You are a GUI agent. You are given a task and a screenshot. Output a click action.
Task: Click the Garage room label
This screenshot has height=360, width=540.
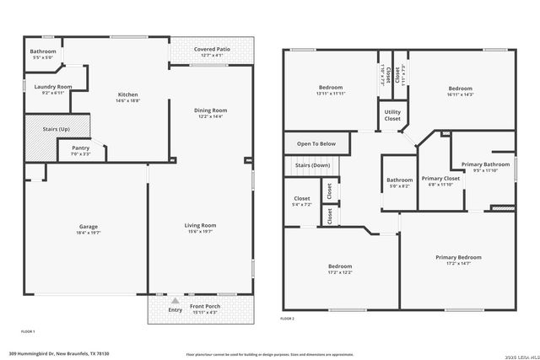pyautogui.click(x=89, y=226)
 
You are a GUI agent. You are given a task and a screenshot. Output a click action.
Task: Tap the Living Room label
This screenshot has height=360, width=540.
pyautogui.click(x=201, y=225)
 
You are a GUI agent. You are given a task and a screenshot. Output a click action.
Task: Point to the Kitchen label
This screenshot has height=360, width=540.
pyautogui.click(x=127, y=94)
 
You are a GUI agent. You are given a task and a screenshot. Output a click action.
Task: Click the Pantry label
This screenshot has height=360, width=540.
pyautogui.click(x=80, y=148)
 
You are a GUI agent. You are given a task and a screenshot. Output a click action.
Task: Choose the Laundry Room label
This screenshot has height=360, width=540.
pyautogui.click(x=52, y=86)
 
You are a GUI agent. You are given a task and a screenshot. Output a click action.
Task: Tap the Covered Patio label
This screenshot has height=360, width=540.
pyautogui.click(x=212, y=50)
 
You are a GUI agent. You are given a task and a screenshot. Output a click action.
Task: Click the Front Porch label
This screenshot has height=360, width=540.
pyautogui.click(x=205, y=306)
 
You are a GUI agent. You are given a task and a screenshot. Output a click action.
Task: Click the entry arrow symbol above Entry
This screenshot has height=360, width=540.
pyautogui.click(x=175, y=300)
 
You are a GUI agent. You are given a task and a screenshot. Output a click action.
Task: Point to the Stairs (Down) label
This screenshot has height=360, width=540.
pyautogui.click(x=312, y=165)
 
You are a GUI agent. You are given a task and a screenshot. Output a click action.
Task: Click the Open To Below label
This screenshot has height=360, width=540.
pyautogui.click(x=316, y=144)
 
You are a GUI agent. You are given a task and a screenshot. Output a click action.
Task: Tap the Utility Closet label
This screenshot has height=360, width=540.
pyautogui.click(x=392, y=116)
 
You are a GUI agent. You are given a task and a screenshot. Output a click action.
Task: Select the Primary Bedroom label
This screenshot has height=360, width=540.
pyautogui.click(x=458, y=257)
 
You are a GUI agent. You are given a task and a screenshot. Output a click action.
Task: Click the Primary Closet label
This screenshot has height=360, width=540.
pyautogui.click(x=440, y=178)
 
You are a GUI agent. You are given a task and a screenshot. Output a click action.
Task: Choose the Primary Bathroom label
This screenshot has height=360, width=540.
pyautogui.click(x=485, y=164)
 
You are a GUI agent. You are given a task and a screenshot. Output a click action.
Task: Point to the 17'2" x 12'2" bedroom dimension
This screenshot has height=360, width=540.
pyautogui.click(x=340, y=272)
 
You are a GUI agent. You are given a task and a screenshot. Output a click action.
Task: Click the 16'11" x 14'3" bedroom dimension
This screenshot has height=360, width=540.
pyautogui.click(x=461, y=94)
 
